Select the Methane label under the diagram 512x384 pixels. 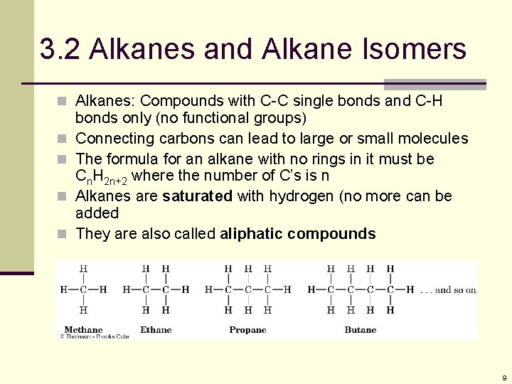[x=83, y=329]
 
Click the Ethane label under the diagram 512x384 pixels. [x=156, y=329]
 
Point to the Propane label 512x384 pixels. [x=247, y=329]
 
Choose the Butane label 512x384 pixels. [x=361, y=329]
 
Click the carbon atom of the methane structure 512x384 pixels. [x=83, y=289]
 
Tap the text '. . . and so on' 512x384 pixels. [x=448, y=289]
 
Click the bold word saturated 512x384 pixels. [x=197, y=196]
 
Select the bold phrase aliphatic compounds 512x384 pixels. [x=298, y=234]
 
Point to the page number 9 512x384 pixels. [x=503, y=378]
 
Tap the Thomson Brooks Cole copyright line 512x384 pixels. [x=95, y=336]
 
